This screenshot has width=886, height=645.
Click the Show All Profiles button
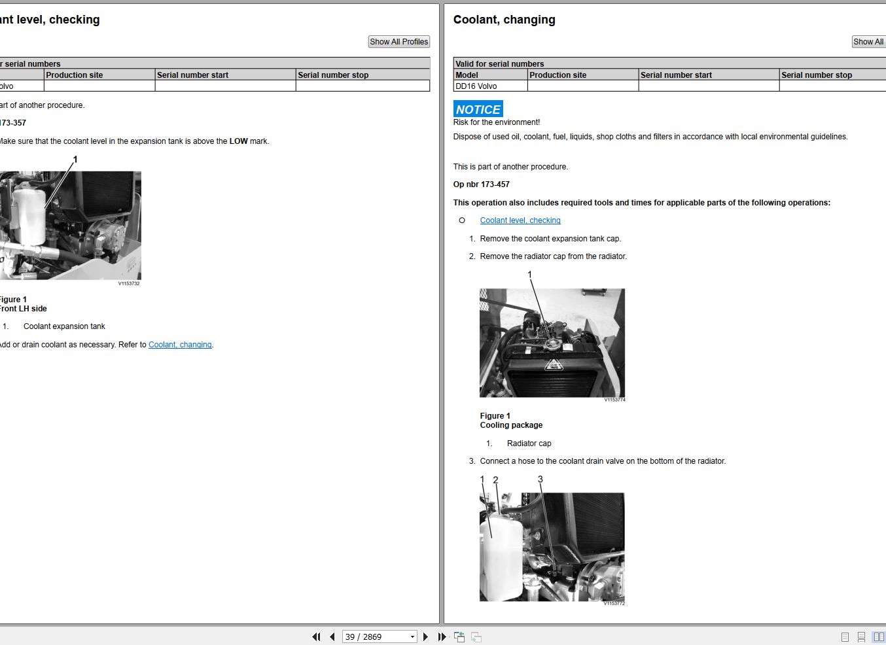coord(399,42)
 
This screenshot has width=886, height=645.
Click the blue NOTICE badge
coord(478,109)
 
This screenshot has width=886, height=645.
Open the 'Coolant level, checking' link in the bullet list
coord(520,220)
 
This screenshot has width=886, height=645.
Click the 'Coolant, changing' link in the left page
coord(180,345)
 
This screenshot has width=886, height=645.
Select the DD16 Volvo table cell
coord(476,86)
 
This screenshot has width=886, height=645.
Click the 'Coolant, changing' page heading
coord(504,20)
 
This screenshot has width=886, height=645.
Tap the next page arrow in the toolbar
coord(425,636)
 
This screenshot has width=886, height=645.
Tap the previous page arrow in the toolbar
coord(332,636)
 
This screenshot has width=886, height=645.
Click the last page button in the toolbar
coord(442,636)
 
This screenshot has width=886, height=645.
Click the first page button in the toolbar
coord(316,636)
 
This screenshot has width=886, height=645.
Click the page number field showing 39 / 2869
coord(375,636)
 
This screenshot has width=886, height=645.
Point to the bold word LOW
coord(238,141)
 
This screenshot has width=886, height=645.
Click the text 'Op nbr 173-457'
coord(481,184)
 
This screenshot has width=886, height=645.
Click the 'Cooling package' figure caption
coord(511,425)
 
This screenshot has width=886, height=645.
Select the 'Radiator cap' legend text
coord(529,444)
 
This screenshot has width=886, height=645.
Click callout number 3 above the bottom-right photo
coord(540,479)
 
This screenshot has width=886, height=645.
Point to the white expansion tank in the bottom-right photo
coord(500,559)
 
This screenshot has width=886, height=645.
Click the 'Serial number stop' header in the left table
coord(333,75)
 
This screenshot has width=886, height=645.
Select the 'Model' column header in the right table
coord(467,75)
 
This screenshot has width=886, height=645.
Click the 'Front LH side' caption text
coord(24,309)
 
